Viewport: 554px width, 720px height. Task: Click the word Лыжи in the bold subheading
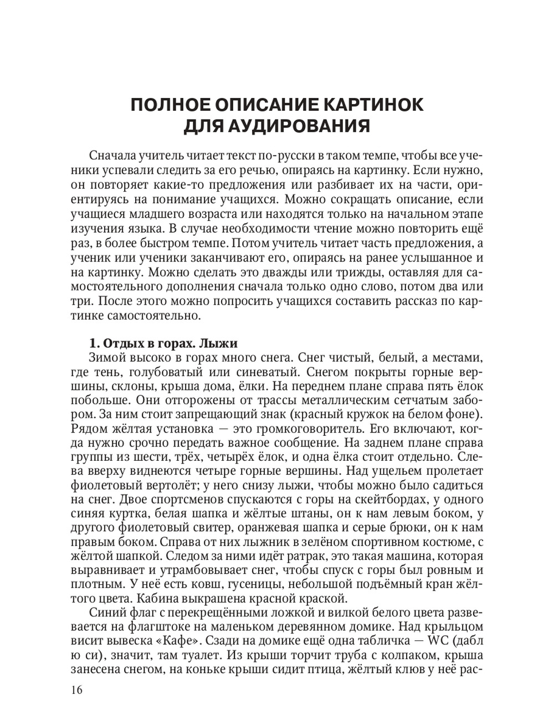[x=218, y=342]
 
